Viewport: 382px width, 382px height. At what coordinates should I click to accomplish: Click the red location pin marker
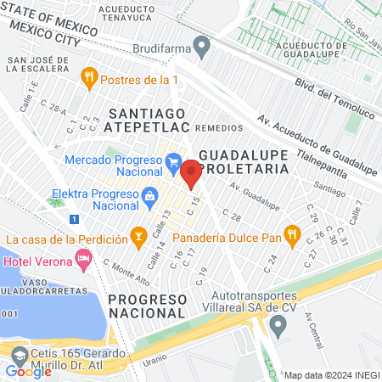tap(191, 174)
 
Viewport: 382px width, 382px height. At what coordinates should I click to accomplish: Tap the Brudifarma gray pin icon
tap(201, 47)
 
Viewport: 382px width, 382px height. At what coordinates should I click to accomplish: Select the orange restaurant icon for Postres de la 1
tap(88, 79)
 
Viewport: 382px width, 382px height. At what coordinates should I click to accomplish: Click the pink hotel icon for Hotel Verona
tap(83, 256)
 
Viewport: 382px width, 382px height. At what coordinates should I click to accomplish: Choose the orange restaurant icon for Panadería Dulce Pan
tap(291, 233)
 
